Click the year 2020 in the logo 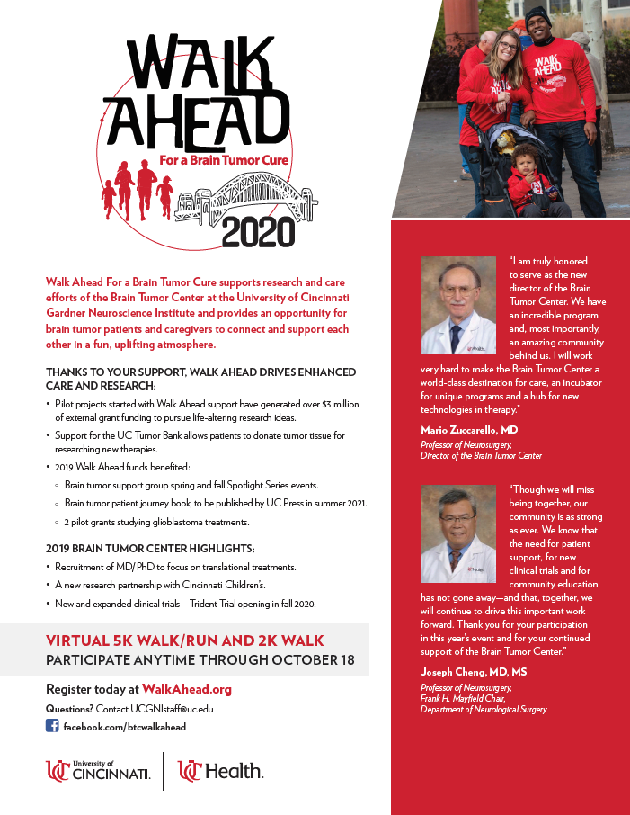257,231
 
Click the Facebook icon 52,726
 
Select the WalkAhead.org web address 187,689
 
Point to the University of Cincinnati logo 98,771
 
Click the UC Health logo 220,771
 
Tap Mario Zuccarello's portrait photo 458,305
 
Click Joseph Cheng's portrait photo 458,533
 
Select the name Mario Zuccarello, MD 469,430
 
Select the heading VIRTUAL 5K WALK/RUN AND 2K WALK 184,640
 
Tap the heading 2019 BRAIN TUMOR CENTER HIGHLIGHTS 150,548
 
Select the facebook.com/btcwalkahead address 125,726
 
